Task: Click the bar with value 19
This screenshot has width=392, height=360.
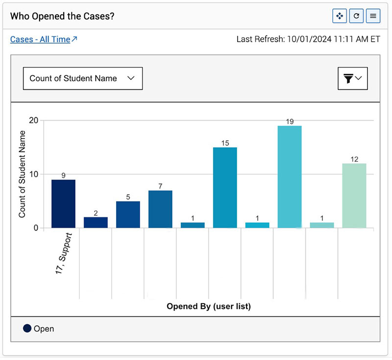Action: tap(290, 177)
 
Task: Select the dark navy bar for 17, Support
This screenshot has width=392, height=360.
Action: tap(63, 204)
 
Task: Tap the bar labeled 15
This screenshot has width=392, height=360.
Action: tap(225, 187)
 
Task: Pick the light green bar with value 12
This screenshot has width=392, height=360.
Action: tap(354, 195)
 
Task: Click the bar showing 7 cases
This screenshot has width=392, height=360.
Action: tap(160, 209)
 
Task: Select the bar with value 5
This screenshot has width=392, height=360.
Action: tap(128, 214)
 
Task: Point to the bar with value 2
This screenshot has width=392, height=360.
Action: tap(96, 222)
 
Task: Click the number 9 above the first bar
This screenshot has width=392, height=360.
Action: tap(63, 175)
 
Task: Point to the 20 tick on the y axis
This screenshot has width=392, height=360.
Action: tap(33, 121)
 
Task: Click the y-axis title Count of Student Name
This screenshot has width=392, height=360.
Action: tap(22, 174)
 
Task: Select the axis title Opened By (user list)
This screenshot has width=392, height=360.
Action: tap(209, 307)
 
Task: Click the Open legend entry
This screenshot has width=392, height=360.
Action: tap(39, 329)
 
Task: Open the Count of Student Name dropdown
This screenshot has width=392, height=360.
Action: tap(83, 78)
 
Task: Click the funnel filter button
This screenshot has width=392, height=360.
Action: tap(353, 78)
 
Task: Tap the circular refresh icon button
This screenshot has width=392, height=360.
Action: tap(356, 16)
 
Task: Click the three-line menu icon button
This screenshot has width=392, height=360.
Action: tap(373, 16)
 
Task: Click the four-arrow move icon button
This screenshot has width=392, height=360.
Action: tap(339, 16)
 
